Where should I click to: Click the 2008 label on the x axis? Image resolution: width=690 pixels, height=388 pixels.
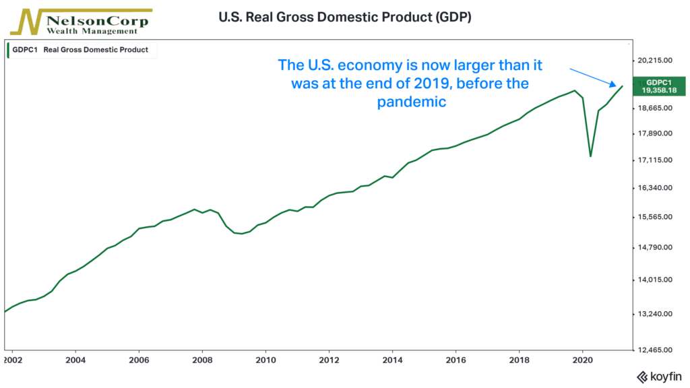click(x=202, y=360)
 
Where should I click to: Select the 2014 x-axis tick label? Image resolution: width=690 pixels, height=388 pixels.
click(x=392, y=360)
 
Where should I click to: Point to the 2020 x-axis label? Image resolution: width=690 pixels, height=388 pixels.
click(x=582, y=360)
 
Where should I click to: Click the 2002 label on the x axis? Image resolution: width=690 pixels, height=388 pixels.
click(x=11, y=360)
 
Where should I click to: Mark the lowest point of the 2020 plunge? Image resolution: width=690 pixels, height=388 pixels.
click(x=591, y=156)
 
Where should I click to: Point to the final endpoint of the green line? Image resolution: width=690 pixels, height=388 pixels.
click(x=622, y=86)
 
